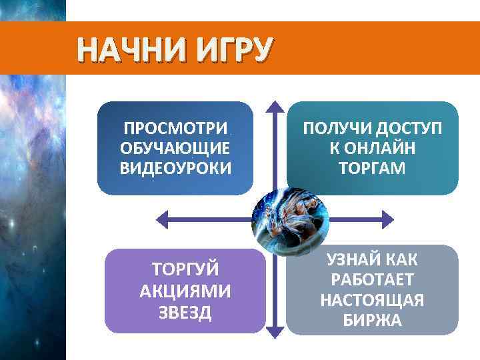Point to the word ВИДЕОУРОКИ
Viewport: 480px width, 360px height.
click(176, 167)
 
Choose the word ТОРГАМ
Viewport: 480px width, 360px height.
click(372, 167)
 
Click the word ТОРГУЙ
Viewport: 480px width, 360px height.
click(185, 271)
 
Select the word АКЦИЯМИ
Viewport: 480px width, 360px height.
click(185, 291)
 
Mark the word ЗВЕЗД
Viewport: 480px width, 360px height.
click(185, 312)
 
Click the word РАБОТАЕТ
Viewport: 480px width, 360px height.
click(372, 279)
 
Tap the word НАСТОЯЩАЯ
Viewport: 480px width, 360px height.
click(372, 300)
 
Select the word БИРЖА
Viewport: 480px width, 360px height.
click(372, 321)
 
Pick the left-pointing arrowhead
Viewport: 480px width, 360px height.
click(161, 217)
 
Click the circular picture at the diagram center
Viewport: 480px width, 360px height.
click(290, 217)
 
